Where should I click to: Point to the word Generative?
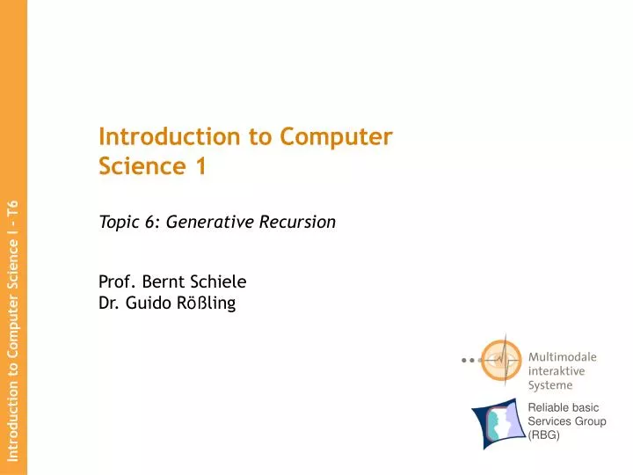(x=203, y=223)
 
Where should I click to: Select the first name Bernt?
(x=165, y=282)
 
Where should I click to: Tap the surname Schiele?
(x=220, y=282)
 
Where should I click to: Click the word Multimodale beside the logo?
(x=563, y=357)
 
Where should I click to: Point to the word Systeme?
(x=550, y=385)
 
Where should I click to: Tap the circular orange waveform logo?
(x=499, y=361)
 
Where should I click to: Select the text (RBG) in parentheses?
(x=544, y=435)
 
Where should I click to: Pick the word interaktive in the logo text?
(x=557, y=371)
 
